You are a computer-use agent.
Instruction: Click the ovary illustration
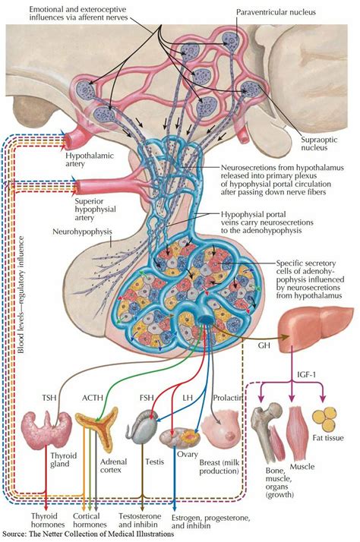click(x=178, y=439)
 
